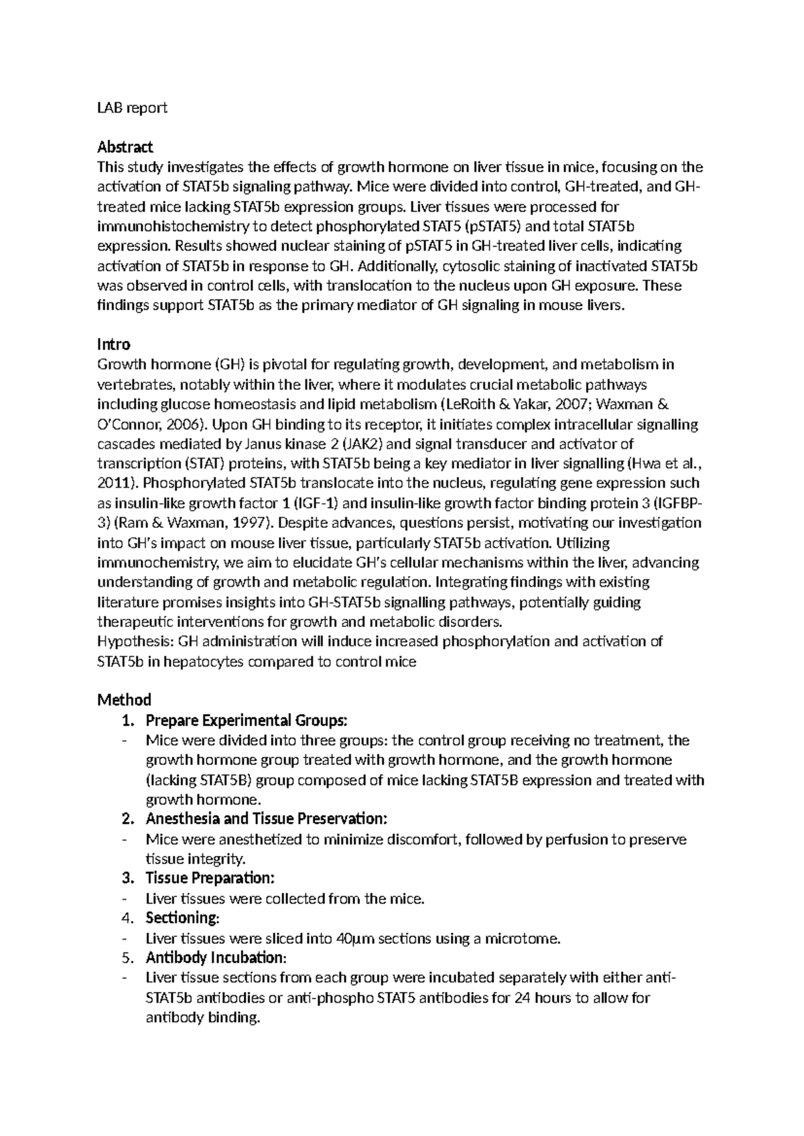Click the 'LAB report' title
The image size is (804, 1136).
pos(132,107)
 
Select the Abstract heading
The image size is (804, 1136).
pos(125,147)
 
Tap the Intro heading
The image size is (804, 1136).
pos(113,344)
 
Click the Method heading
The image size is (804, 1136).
pos(124,700)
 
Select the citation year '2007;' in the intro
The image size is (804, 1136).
pos(572,404)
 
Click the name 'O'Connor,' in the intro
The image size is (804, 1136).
pos(128,424)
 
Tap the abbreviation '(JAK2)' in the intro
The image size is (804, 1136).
pos(362,443)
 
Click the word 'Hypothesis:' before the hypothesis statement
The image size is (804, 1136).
pos(136,641)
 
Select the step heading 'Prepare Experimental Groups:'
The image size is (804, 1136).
pos(247,721)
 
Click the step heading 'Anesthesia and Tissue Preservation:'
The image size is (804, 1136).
pos(266,819)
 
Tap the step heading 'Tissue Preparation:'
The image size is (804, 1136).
pos(210,878)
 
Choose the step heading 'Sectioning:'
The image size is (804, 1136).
pos(182,918)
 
